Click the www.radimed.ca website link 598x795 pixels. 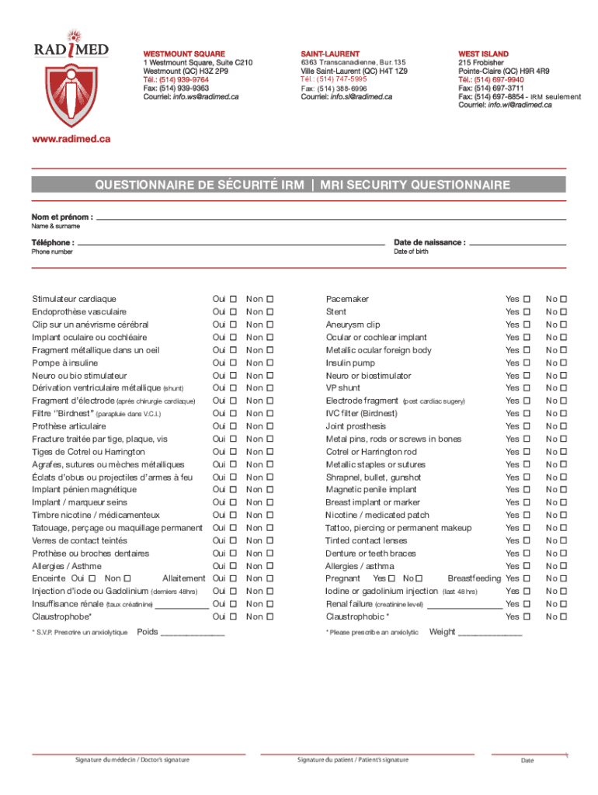[x=71, y=138]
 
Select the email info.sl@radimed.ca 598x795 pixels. [x=361, y=97]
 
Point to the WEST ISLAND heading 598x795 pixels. [x=483, y=54]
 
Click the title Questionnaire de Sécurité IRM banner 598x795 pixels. [x=302, y=185]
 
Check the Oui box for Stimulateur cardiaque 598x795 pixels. [x=232, y=299]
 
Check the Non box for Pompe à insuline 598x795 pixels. [x=270, y=363]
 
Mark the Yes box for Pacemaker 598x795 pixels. [x=526, y=299]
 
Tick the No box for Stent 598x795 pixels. [x=564, y=312]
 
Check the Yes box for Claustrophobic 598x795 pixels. [x=526, y=616]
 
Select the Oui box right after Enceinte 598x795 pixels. [x=92, y=578]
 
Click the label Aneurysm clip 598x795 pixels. [x=353, y=325]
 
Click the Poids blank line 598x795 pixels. [x=192, y=634]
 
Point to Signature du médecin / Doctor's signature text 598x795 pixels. [x=132, y=759]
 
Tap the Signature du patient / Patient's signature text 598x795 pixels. [x=353, y=759]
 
